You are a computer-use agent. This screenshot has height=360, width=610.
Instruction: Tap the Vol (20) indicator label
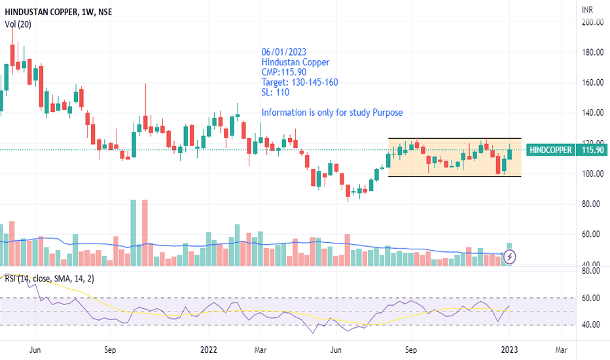18,24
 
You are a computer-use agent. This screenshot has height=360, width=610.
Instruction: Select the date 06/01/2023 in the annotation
284,52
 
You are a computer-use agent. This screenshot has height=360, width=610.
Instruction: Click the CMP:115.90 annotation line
284,72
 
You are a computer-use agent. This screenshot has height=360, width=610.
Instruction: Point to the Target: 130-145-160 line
300,82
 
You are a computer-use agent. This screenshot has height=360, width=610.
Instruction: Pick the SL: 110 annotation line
276,92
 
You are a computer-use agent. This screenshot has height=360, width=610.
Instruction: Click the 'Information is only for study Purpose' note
332,113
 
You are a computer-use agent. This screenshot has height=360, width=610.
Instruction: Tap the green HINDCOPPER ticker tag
550,150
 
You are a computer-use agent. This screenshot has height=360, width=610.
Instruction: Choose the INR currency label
588,9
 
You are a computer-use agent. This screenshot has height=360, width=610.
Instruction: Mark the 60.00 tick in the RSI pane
590,298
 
